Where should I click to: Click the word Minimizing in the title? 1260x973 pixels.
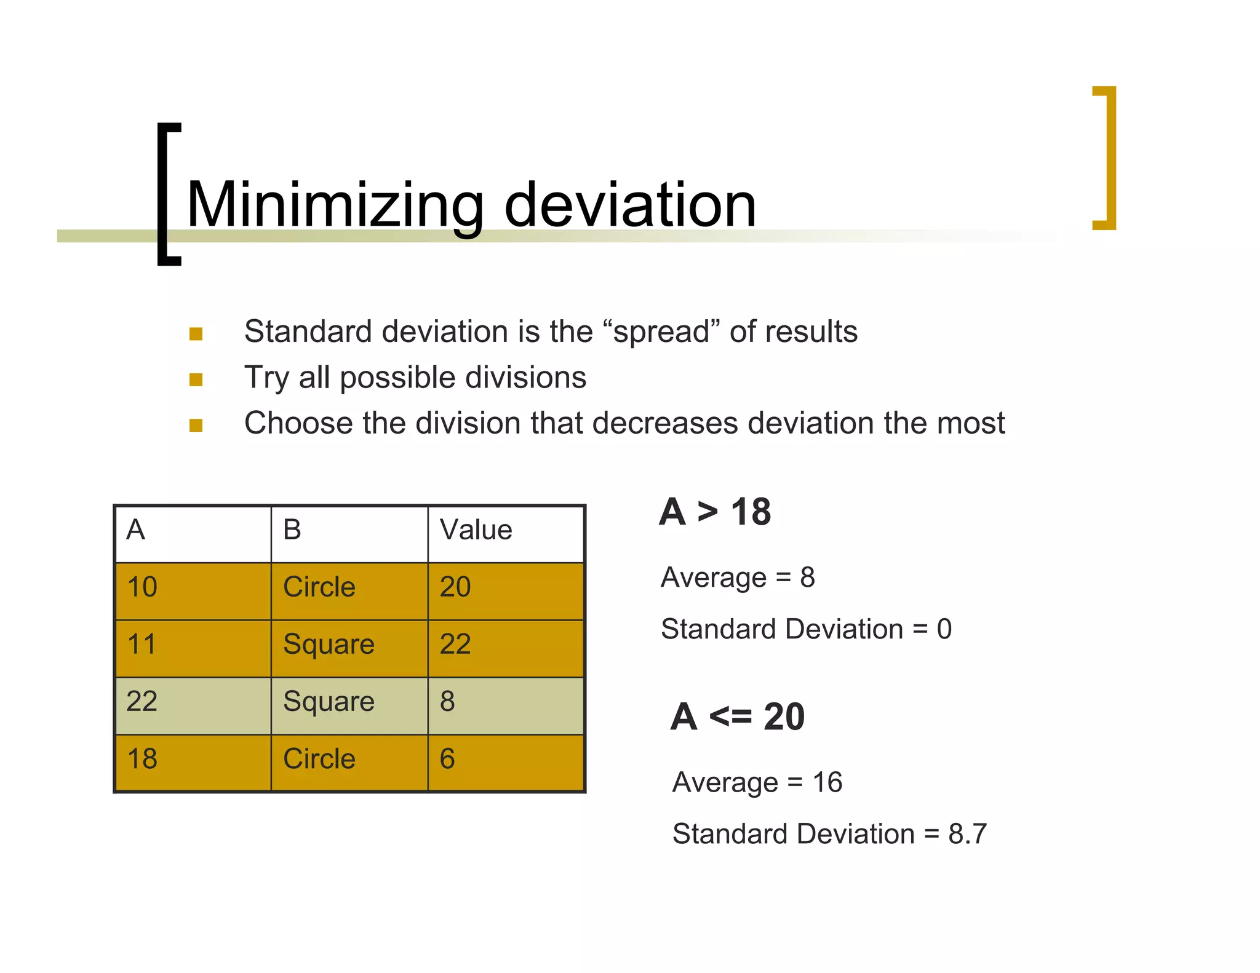[335, 205]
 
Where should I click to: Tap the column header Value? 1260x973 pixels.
[476, 530]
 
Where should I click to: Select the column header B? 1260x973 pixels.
[292, 530]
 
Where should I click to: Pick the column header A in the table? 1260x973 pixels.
[135, 530]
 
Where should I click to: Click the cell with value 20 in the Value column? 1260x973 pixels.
[455, 587]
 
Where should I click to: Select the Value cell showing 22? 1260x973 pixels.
[455, 644]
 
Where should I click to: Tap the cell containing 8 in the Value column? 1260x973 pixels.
[447, 701]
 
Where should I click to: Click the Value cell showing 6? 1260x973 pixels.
[447, 758]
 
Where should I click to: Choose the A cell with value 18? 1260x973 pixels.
[142, 758]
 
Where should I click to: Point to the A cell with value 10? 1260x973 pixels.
[142, 587]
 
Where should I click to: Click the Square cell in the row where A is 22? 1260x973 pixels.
[329, 701]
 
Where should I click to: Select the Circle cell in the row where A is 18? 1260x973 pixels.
[319, 758]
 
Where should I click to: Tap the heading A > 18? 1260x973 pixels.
[715, 512]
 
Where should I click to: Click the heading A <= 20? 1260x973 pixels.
[738, 717]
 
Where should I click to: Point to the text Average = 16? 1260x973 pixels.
[757, 782]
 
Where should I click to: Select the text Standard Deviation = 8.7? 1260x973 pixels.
[829, 834]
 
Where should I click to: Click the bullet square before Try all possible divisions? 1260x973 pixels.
[196, 379]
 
